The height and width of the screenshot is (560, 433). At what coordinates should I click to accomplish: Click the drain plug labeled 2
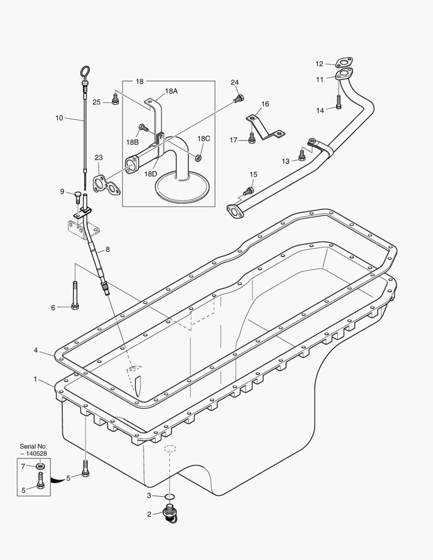click(170, 515)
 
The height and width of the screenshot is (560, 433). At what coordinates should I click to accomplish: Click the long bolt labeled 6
click(75, 296)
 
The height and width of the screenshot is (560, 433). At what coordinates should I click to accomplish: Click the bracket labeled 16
click(264, 127)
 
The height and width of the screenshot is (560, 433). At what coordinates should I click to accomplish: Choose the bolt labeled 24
click(239, 97)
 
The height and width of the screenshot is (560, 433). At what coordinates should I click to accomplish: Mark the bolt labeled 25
click(115, 99)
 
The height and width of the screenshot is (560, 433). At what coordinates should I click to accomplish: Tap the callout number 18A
click(171, 91)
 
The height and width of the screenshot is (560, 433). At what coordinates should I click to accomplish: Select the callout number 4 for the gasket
click(36, 351)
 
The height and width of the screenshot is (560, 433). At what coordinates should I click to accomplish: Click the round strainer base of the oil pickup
click(183, 186)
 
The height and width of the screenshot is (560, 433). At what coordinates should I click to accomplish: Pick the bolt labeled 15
click(250, 191)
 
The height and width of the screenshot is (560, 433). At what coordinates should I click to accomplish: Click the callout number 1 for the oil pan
click(35, 379)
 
